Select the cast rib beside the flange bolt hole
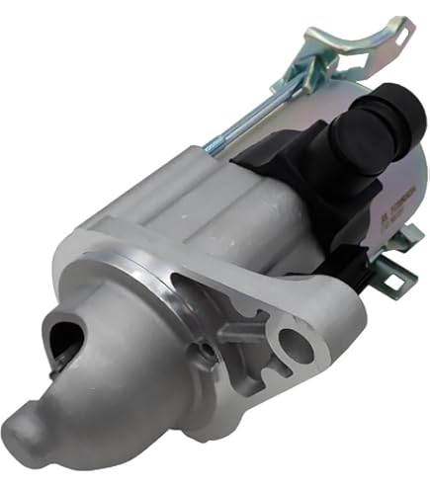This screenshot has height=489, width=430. click(x=247, y=331)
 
